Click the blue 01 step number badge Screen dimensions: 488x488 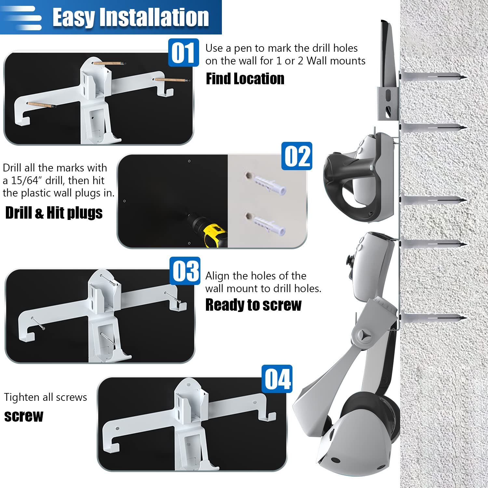click(183, 53)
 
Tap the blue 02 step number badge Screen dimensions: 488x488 click(297, 156)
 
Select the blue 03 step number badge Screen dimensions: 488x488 click(185, 271)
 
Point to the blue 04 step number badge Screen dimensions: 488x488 click(277, 379)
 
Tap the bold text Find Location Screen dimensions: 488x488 click(245, 79)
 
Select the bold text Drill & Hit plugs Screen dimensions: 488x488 click(54, 213)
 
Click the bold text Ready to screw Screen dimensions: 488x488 click(253, 305)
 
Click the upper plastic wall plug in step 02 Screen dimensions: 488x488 click(266, 184)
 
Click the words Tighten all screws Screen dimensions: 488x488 click(46, 397)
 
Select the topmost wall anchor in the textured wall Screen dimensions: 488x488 click(433, 77)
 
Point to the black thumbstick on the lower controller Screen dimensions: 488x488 click(351, 261)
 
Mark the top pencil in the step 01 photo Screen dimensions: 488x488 click(109, 63)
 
